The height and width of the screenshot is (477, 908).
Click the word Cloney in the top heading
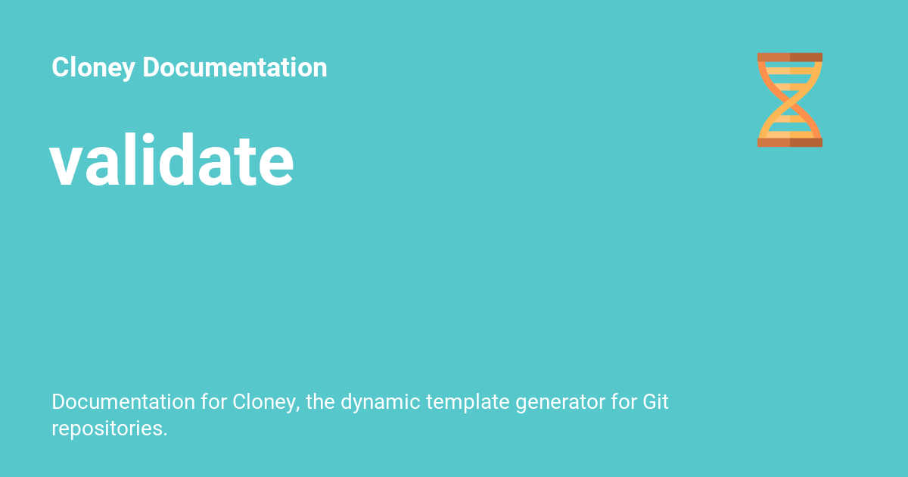[93, 67]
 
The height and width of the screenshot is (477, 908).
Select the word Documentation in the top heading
[235, 67]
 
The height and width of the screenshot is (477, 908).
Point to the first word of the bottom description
[123, 401]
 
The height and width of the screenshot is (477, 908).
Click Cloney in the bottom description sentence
[266, 403]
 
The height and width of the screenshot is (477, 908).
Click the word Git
[655, 401]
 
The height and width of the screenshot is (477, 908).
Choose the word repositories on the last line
[107, 429]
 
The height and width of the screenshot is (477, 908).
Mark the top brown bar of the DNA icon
[790, 58]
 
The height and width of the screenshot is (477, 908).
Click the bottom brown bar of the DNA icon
[790, 142]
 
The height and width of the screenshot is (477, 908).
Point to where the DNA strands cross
[790, 100]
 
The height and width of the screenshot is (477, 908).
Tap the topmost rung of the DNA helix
[790, 71]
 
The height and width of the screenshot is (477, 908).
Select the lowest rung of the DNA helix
[790, 135]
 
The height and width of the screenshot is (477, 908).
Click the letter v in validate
[67, 167]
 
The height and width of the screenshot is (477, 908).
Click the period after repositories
[165, 435]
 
